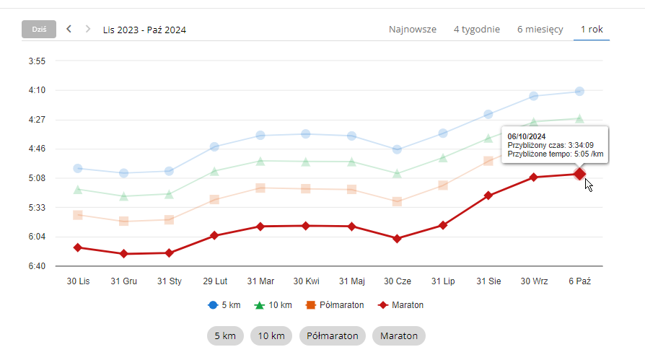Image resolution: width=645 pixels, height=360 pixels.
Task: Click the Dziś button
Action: (x=39, y=30)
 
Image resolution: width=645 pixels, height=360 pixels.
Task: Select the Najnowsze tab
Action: (x=413, y=30)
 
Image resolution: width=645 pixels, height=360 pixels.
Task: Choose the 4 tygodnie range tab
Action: (x=477, y=30)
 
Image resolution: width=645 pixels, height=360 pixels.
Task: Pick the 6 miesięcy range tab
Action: (x=540, y=30)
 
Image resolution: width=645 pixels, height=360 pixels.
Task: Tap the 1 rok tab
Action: (x=592, y=30)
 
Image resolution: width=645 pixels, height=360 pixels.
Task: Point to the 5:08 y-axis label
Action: (x=37, y=178)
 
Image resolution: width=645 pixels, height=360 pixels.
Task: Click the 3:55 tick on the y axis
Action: (x=37, y=61)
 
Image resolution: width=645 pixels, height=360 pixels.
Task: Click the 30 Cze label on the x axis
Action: (x=398, y=281)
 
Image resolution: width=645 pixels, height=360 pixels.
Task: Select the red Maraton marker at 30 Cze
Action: (x=397, y=238)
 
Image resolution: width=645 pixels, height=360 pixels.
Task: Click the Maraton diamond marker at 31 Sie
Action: (x=488, y=196)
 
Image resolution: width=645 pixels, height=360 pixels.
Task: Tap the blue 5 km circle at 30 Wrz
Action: (x=534, y=96)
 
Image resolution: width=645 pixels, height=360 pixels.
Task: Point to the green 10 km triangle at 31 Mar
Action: (x=260, y=161)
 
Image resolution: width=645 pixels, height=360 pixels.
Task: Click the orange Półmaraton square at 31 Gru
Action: (x=124, y=221)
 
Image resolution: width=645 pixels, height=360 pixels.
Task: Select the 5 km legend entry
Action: (x=224, y=305)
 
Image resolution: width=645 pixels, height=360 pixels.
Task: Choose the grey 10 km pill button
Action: (x=271, y=335)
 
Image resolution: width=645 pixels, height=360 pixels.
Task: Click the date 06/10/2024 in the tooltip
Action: (x=527, y=136)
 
